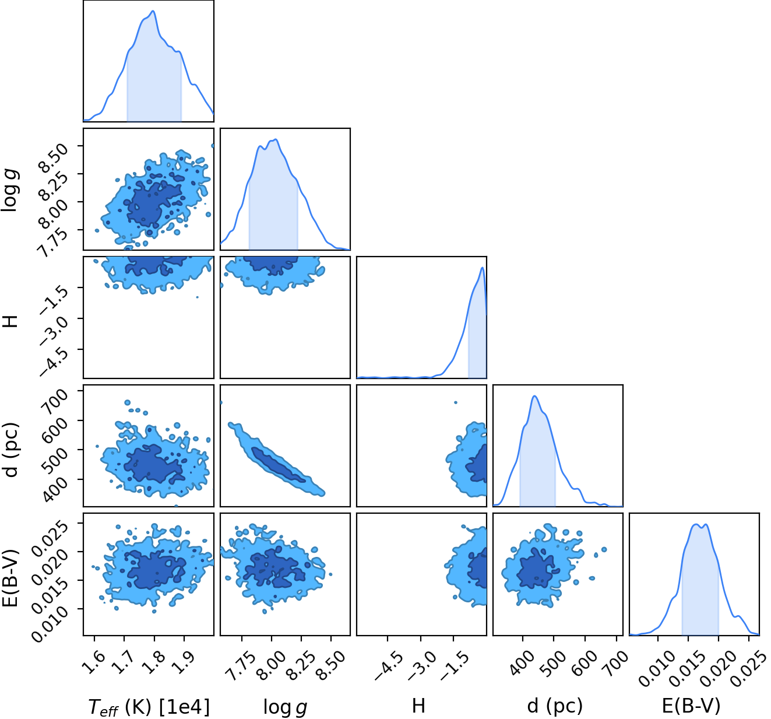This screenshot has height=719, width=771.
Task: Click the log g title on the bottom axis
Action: click(x=286, y=707)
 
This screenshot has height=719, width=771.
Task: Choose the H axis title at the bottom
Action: click(x=418, y=706)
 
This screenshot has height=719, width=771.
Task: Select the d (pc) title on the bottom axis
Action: click(x=555, y=706)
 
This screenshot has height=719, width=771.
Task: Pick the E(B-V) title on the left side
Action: click(x=10, y=578)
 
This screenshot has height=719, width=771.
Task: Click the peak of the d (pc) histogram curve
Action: click(x=534, y=396)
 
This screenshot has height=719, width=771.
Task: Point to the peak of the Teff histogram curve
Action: click(x=153, y=11)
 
